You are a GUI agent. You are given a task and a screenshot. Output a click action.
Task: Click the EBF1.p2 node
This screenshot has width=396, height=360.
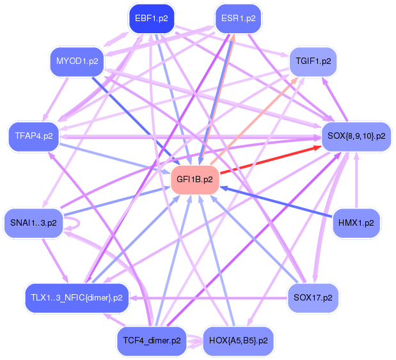(x=151, y=19)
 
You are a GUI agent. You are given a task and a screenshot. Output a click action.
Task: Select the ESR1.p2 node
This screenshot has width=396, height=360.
(x=238, y=19)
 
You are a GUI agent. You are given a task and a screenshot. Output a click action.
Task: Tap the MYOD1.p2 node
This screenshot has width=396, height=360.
(x=77, y=61)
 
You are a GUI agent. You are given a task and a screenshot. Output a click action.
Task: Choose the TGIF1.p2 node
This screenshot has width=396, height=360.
(x=313, y=61)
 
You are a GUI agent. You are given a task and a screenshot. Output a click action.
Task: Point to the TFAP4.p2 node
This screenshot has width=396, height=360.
(x=34, y=136)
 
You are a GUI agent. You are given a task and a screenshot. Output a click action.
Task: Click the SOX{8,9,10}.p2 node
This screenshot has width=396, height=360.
(x=356, y=136)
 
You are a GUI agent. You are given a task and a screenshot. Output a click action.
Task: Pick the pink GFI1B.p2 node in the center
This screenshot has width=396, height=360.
(x=194, y=180)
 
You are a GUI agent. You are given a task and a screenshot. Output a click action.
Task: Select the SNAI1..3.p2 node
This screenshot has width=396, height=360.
(x=34, y=223)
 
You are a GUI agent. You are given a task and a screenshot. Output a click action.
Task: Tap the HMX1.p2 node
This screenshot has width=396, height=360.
(x=356, y=223)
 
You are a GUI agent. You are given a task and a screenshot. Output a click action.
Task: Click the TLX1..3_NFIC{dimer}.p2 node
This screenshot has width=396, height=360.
(x=77, y=298)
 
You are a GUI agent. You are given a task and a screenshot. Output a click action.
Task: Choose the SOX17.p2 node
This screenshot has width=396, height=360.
(x=313, y=298)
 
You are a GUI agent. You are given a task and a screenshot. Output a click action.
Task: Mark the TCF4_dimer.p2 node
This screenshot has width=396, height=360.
(x=152, y=341)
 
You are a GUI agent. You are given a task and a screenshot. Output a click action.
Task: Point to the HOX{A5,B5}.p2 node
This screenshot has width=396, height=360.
(x=238, y=341)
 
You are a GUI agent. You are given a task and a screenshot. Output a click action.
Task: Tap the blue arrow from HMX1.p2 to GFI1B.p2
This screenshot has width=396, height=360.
(x=276, y=201)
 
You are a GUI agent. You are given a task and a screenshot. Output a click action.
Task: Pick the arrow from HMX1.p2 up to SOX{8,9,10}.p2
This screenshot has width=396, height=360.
(x=356, y=180)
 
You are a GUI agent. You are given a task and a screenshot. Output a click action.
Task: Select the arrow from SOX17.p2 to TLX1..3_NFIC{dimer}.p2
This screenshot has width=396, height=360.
(x=209, y=298)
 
